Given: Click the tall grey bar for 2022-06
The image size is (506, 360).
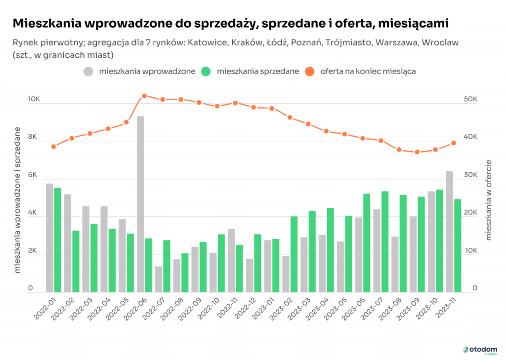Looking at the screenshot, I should [x=140, y=203].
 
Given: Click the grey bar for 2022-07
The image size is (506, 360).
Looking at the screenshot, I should [x=159, y=279].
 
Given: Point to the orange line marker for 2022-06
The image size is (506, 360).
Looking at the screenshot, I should [x=144, y=96].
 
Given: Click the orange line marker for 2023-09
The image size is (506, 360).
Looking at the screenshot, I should [x=417, y=152].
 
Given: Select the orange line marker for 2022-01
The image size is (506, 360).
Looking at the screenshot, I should [x=53, y=147].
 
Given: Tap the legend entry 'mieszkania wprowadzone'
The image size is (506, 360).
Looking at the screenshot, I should [x=141, y=71].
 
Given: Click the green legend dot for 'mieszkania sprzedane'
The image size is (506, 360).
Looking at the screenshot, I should [x=206, y=71].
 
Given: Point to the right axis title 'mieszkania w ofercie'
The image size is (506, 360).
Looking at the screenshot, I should [x=489, y=200].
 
